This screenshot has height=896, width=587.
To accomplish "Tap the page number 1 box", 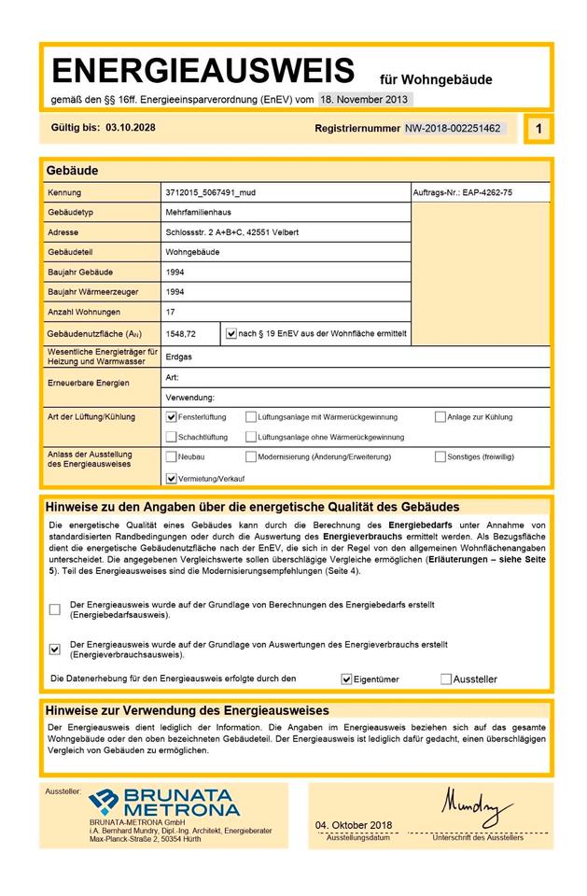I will pyautogui.click(x=538, y=129).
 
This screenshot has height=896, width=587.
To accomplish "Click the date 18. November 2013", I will pyautogui.click(x=363, y=99).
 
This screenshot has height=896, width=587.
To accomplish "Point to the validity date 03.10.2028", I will pyautogui.click(x=131, y=128).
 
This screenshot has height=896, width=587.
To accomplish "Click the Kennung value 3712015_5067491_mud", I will pyautogui.click(x=210, y=193).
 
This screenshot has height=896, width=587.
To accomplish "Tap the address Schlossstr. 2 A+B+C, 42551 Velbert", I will pyautogui.click(x=231, y=232).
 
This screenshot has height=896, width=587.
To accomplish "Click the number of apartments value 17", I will pyautogui.click(x=170, y=312).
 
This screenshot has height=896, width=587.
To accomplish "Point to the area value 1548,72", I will pyautogui.click(x=180, y=332).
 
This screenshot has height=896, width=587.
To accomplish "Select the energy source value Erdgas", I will pyautogui.click(x=178, y=357).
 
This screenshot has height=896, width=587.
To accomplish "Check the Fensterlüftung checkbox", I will pyautogui.click(x=171, y=417).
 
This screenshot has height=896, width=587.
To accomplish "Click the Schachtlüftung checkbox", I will pyautogui.click(x=171, y=437).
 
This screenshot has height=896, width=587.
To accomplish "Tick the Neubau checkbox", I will pyautogui.click(x=171, y=457).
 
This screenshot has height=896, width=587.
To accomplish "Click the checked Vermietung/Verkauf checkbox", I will pyautogui.click(x=171, y=478).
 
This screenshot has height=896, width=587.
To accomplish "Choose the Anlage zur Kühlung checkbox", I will pyautogui.click(x=440, y=417).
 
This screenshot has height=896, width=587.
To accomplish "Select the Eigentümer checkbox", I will pyautogui.click(x=346, y=679).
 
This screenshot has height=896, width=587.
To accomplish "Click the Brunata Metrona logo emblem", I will pyautogui.click(x=103, y=800).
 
